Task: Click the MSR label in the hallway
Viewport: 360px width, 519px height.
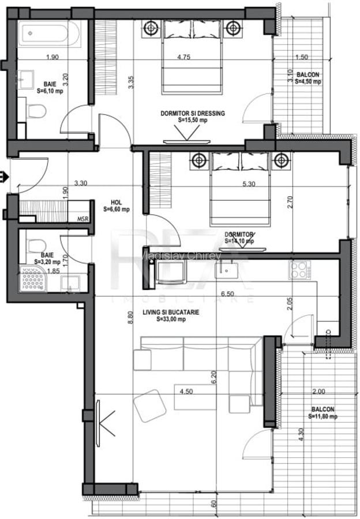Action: pos(83,219)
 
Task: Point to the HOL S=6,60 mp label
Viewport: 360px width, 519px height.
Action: pos(116,206)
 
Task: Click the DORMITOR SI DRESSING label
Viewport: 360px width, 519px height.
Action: pos(192,116)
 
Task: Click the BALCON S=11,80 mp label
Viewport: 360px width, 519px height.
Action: pos(321,412)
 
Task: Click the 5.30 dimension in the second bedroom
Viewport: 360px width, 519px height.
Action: pos(249,184)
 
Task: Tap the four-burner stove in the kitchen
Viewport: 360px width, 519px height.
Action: pos(300,269)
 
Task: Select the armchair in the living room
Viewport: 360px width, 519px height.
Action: pos(150,405)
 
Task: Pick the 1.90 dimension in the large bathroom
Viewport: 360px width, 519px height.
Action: pos(52,57)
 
